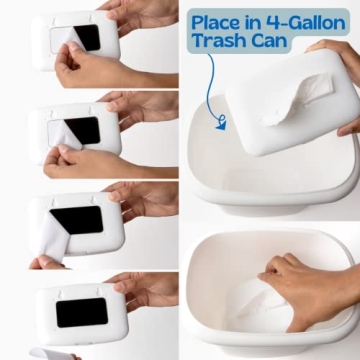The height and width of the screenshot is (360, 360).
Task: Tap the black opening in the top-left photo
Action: point(86,38)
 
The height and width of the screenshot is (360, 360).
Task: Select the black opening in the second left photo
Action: point(82,130)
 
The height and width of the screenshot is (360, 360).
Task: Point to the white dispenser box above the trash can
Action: point(285,100)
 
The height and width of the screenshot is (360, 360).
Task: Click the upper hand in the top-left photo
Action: point(140,14)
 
